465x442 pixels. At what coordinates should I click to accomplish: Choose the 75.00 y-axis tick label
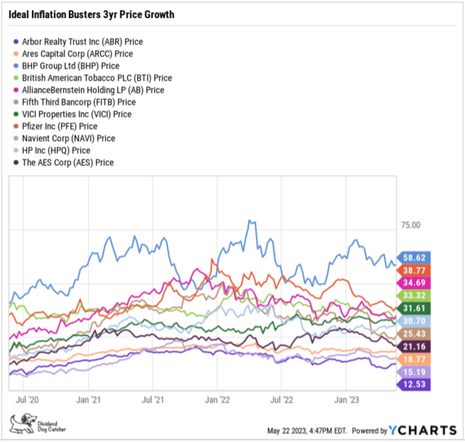click(411, 226)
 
